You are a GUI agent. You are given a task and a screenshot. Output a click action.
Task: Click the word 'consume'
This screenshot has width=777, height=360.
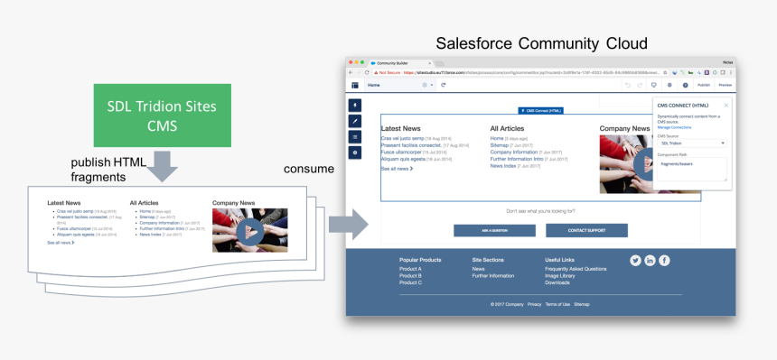(308, 169)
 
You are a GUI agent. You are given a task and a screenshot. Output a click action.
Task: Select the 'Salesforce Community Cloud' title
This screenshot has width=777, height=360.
(541, 42)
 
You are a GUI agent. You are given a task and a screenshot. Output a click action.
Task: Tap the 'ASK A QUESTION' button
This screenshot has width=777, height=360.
(494, 231)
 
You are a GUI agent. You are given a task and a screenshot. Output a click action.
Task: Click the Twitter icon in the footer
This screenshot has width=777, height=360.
(635, 260)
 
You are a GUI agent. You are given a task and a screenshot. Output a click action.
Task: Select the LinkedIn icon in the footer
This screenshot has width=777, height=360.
(650, 260)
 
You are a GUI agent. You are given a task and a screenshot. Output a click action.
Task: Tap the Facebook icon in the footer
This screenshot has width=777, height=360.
(664, 260)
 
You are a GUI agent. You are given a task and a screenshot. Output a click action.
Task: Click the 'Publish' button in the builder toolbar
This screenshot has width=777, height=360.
(703, 84)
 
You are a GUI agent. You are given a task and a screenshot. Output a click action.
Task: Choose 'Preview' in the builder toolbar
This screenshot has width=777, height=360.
(725, 84)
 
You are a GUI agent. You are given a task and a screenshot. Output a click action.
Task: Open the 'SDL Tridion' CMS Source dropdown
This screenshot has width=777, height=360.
(691, 143)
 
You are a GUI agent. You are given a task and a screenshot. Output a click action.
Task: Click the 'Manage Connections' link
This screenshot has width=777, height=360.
(675, 127)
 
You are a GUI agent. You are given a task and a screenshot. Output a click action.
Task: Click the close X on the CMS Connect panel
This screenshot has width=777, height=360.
(726, 105)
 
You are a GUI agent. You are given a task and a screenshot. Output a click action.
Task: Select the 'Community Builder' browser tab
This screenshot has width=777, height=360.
(396, 62)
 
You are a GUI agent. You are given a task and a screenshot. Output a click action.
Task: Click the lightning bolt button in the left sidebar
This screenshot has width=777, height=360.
(355, 105)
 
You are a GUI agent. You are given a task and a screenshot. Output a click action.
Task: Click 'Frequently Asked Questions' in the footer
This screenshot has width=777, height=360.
(576, 269)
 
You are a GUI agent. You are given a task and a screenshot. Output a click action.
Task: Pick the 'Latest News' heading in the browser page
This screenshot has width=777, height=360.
(400, 129)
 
